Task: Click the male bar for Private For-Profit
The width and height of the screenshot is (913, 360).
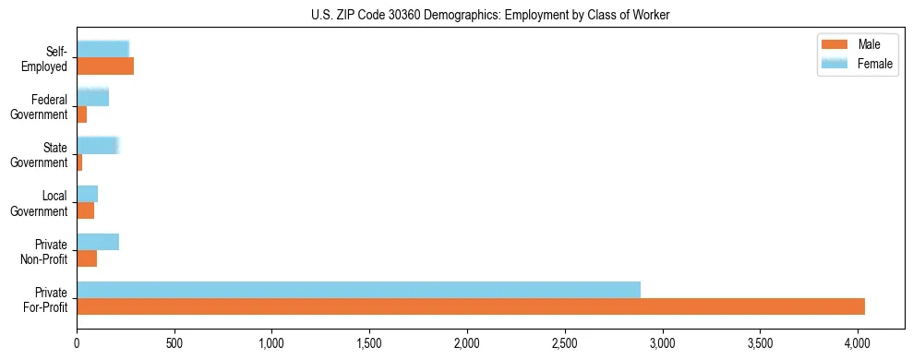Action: [471, 306]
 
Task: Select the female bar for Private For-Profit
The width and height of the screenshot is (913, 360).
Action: [358, 290]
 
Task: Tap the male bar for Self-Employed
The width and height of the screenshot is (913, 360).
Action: [105, 66]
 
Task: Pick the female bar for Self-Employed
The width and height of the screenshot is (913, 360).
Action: [102, 50]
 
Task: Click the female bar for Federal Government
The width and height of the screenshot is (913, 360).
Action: [92, 98]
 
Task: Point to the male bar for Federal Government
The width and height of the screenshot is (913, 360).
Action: [81, 114]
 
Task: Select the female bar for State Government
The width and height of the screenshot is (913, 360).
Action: [98, 146]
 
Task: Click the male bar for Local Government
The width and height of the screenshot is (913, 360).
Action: [85, 210]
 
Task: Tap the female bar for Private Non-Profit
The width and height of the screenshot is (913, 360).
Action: [98, 242]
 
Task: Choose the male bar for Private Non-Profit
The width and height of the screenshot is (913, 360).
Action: [87, 258]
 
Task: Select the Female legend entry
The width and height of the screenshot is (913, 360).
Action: [859, 63]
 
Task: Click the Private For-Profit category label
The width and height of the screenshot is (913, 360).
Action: [45, 299]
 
